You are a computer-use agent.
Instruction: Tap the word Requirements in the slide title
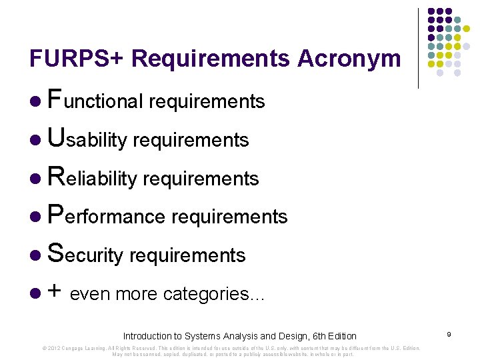coord(211,59)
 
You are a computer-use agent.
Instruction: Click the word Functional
coord(96,101)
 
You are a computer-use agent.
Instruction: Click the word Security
coord(86,255)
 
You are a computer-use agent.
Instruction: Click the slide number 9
coord(449,334)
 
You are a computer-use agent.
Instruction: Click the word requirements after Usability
coord(191,140)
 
